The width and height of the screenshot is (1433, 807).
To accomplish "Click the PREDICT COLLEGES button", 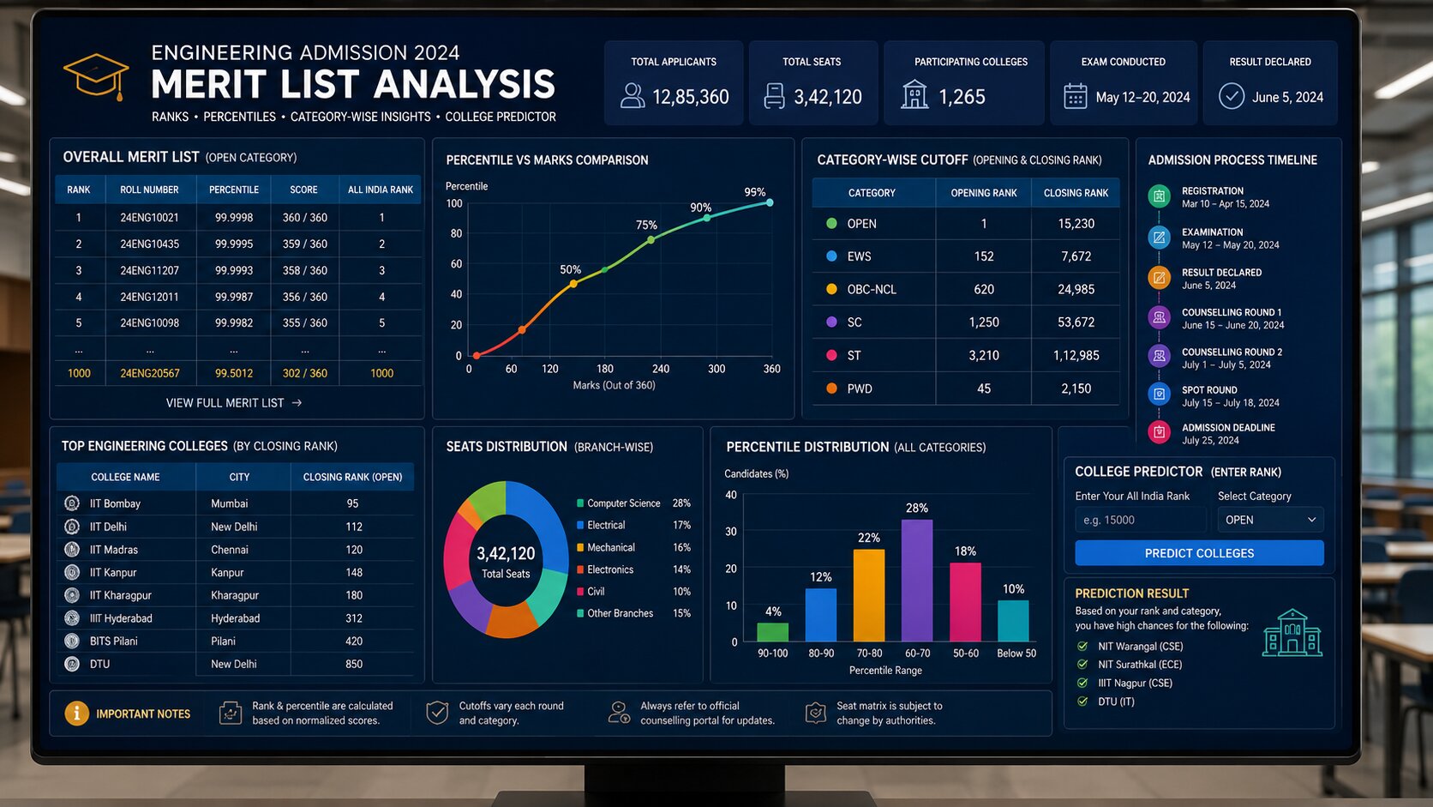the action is [1199, 553].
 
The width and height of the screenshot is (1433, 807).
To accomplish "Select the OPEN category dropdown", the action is [1270, 520].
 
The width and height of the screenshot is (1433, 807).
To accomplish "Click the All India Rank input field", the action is [1140, 520].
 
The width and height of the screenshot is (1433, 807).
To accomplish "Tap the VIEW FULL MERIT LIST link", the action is [233, 403].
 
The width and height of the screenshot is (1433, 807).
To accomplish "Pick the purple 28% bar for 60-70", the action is [917, 580].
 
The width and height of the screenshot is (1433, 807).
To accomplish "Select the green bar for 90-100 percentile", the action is [773, 632].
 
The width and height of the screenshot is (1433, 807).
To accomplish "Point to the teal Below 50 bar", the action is [1013, 621].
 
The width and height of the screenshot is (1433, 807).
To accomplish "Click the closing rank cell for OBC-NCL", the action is [1076, 289].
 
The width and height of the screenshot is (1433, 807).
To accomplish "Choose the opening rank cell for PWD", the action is [984, 388].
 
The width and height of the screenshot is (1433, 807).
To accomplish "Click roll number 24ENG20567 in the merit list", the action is [150, 373].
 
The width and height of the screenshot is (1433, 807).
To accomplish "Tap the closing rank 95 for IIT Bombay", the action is [352, 503].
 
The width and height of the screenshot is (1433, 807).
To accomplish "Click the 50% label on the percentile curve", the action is [570, 269].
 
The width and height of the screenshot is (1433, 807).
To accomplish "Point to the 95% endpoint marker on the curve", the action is [770, 203].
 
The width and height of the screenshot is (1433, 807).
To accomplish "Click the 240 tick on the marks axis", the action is [661, 369].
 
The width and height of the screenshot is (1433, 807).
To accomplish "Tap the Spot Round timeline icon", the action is [1159, 394].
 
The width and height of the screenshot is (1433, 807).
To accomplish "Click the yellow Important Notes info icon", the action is [77, 713].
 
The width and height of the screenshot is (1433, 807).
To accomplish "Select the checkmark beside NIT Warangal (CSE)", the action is [1082, 647].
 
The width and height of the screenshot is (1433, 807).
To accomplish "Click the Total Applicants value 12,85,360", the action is [690, 97].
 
